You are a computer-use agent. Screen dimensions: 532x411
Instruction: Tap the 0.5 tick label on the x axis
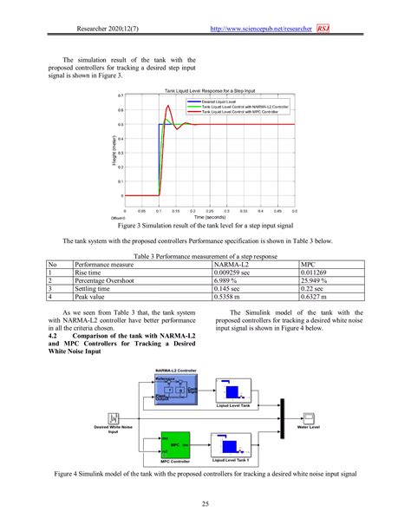tap(294, 210)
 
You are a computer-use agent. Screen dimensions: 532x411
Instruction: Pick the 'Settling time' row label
tap(95, 290)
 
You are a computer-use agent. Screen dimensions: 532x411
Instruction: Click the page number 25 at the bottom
tap(205, 504)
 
